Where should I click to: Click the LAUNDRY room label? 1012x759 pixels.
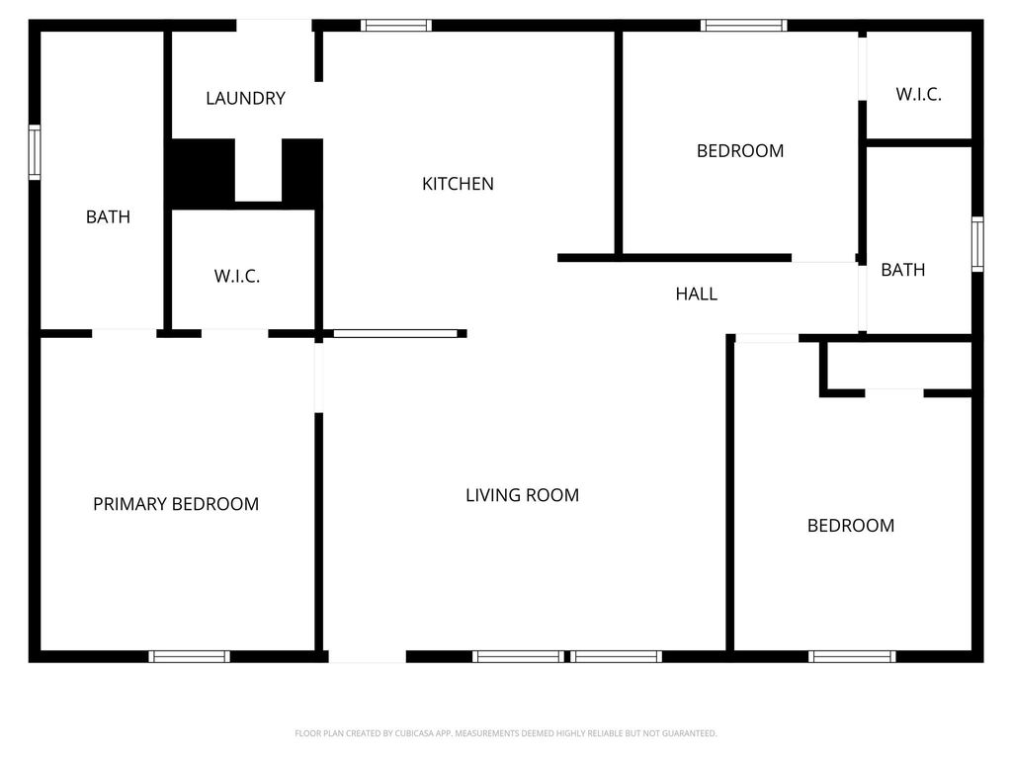245,98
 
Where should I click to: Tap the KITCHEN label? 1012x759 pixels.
458,184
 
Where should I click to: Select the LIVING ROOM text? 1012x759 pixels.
522,495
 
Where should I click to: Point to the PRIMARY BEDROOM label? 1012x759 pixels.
176,504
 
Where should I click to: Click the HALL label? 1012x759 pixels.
697,295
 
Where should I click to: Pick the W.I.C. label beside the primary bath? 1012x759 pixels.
237,277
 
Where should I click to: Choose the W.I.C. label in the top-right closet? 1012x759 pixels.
918,94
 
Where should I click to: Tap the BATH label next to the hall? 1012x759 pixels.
903,270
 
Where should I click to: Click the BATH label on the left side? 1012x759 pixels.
108,216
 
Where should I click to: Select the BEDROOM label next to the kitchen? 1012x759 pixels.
740,151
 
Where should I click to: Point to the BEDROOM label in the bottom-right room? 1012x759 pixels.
851,526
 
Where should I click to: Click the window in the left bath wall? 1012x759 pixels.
35,152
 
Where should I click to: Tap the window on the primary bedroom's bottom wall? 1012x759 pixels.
189,656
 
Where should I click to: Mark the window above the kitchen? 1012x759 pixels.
395,25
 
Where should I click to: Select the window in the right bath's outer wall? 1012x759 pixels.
977,244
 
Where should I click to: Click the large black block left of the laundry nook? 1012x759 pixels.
202,172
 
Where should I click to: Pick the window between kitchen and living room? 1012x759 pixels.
394,334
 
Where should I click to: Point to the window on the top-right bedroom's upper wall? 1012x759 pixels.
744,25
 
